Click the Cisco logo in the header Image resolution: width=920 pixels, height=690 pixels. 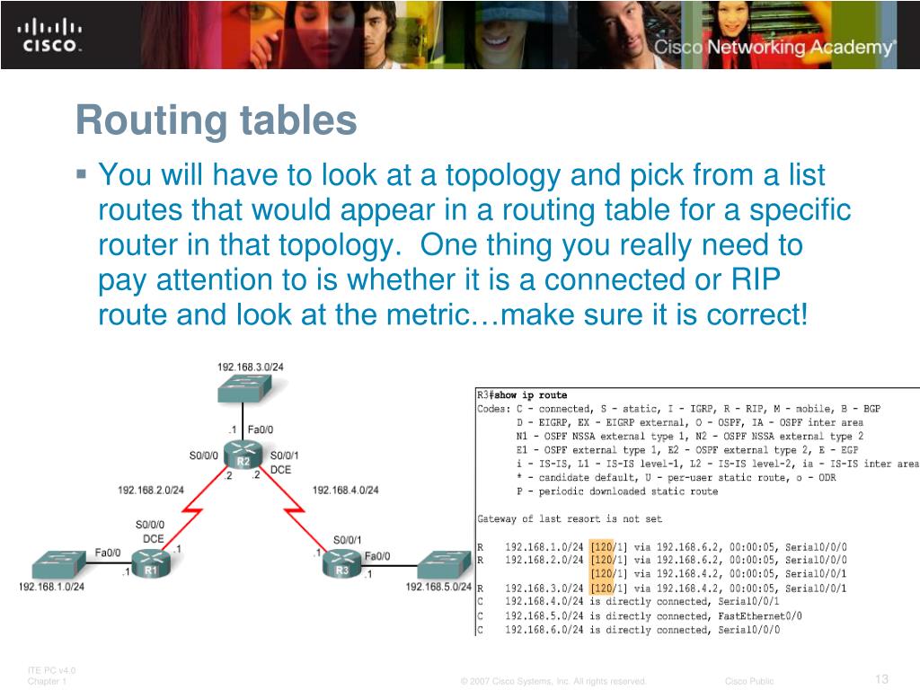click(x=50, y=35)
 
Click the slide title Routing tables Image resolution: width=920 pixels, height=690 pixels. click(x=216, y=120)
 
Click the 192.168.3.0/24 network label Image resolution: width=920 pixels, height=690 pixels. click(x=250, y=367)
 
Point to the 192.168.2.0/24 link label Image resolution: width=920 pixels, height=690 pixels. click(x=151, y=490)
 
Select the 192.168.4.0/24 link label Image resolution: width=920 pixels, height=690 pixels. click(x=346, y=490)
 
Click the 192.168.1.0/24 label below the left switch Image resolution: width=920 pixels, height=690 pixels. click(x=51, y=587)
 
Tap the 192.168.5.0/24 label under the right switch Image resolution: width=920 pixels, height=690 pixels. click(x=438, y=587)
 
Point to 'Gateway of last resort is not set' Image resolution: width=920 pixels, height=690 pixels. click(x=571, y=518)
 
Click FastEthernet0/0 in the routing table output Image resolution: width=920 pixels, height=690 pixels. click(x=759, y=616)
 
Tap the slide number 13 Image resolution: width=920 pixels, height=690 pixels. click(x=880, y=678)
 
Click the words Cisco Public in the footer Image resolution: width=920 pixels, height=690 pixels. click(x=749, y=681)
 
